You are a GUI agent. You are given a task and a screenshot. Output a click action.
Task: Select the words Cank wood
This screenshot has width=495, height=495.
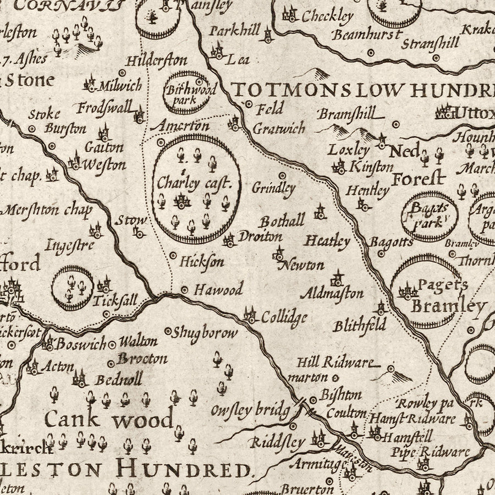coord(108,420)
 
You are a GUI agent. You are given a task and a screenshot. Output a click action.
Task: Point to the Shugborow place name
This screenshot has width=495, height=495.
coord(205,333)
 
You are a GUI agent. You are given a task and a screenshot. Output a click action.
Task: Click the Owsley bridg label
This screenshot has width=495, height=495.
coord(250,410)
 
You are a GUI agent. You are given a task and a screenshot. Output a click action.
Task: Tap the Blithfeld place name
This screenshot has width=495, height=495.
coord(360,326)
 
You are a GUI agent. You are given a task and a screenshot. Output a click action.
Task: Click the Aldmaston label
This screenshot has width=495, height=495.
coord(332,293)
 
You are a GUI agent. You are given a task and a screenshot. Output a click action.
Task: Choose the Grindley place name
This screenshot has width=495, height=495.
coord(273,188)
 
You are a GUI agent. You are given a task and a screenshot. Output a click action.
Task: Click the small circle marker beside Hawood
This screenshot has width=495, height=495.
coord(185,289)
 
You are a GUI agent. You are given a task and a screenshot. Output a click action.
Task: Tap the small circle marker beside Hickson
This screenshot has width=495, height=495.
coord(173,256)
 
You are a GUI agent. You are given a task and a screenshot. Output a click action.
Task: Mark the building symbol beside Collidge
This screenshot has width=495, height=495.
coord(250,316)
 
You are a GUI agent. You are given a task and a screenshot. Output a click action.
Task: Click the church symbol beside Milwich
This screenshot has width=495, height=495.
coord(90,84)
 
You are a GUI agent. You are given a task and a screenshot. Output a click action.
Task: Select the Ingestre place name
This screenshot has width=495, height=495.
coord(70,245)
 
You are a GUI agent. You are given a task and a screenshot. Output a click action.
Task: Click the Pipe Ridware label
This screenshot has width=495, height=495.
coord(431,453)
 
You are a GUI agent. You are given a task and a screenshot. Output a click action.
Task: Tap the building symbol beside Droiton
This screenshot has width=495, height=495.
coord(229,240)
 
